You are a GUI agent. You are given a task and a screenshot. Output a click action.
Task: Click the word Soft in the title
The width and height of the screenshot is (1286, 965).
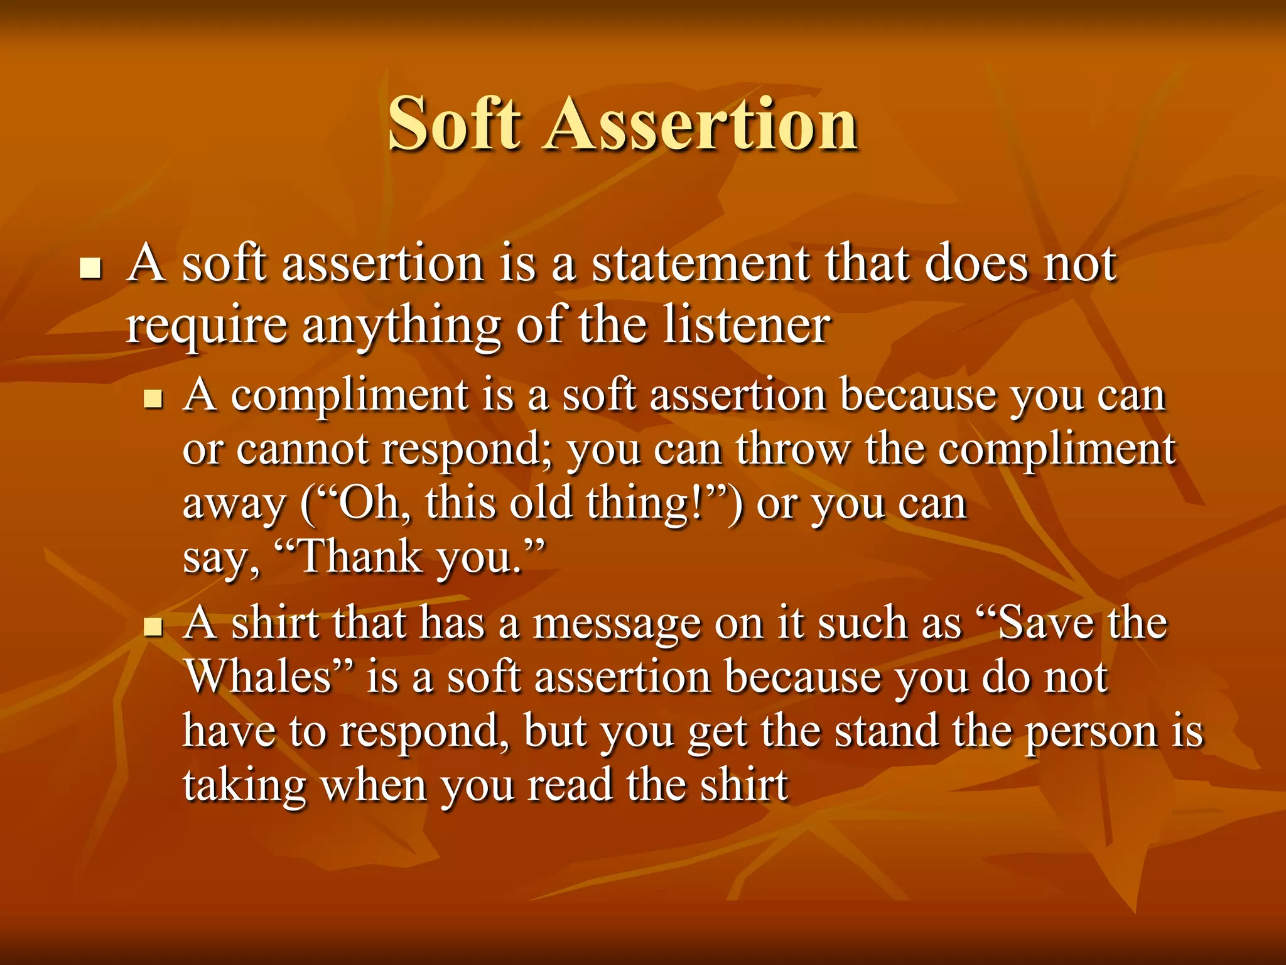pos(454,124)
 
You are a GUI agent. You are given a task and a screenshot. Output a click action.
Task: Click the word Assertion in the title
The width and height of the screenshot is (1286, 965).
pos(700,124)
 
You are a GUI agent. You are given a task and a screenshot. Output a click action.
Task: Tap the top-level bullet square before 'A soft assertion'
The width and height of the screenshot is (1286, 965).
pos(91,268)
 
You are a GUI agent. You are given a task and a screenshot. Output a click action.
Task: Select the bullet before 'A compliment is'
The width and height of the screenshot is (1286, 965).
pos(153,398)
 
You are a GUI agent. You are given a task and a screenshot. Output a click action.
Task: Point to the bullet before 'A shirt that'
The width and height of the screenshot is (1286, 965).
pos(153,626)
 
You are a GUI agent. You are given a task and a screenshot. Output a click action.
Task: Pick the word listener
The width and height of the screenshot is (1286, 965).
pos(747,325)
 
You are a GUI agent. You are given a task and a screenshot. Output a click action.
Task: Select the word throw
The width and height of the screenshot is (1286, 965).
pos(792,450)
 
